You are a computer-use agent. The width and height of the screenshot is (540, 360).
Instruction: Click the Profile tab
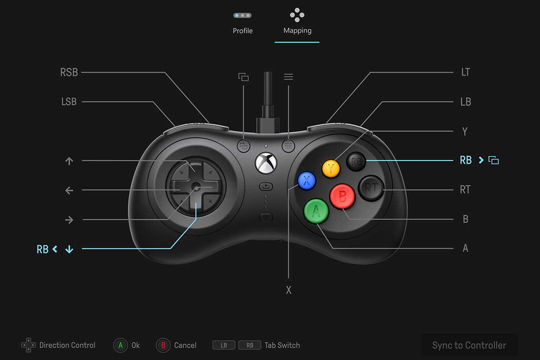click(243, 23)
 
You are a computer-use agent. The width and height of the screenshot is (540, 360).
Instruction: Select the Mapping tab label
click(297, 31)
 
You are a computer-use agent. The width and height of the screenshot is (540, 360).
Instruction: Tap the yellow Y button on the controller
click(331, 169)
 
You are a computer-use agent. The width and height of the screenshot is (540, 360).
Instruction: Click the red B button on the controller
click(342, 196)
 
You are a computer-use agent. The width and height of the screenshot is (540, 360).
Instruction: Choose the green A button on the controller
click(316, 211)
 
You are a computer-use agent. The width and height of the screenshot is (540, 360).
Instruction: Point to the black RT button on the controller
click(371, 188)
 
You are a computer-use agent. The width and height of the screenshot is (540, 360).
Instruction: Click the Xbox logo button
click(266, 163)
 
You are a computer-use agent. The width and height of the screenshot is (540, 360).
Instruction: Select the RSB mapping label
click(69, 72)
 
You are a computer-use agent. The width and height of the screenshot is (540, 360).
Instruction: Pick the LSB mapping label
click(69, 102)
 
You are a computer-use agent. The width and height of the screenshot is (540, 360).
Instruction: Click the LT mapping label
click(465, 72)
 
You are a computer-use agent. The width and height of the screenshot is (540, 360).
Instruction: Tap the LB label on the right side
click(466, 102)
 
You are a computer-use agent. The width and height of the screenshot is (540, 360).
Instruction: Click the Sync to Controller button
click(469, 345)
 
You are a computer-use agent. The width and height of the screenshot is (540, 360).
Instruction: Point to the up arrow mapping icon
click(69, 161)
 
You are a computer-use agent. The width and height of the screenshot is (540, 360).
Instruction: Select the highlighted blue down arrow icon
click(69, 249)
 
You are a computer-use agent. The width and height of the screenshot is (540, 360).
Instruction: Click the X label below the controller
click(288, 290)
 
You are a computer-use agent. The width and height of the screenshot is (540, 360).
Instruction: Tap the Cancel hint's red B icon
click(163, 345)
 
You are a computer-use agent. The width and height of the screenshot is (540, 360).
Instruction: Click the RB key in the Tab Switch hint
click(250, 345)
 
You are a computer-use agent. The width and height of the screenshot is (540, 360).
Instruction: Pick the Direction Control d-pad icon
click(28, 345)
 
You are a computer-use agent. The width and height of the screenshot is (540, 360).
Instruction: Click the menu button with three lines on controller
click(288, 146)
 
